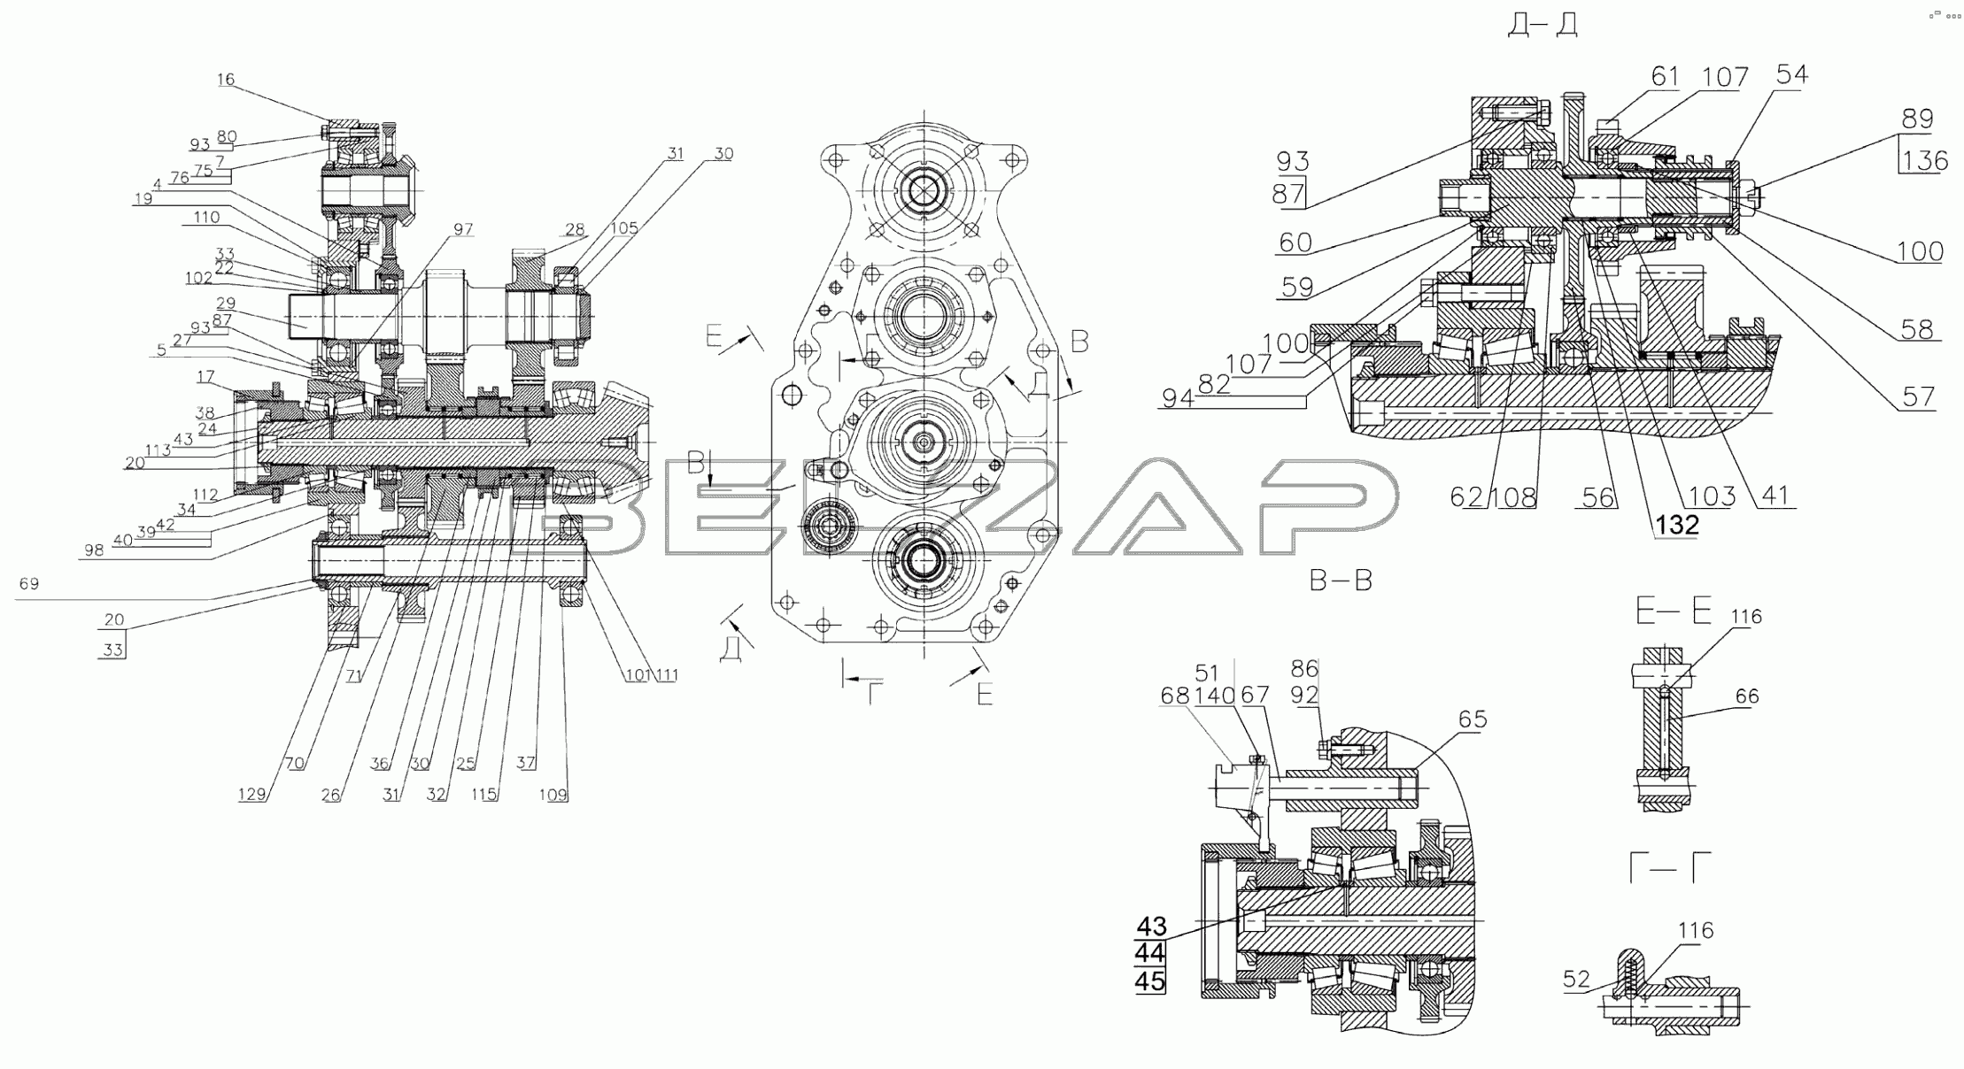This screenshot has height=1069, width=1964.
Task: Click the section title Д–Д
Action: coord(1543,25)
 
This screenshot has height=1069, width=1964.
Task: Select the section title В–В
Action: coord(1341,581)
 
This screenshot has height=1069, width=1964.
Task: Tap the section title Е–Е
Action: coord(1673,611)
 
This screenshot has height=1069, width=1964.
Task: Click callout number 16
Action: coord(226,80)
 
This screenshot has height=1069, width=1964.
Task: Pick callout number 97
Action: coord(463,230)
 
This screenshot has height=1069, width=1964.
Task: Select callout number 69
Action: coord(29,584)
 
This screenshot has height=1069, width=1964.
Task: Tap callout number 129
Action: coord(251,795)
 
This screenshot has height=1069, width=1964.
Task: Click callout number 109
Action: coord(553,795)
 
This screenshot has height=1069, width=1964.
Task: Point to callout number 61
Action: coord(1665,78)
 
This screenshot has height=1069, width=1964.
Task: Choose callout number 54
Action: coord(1791,75)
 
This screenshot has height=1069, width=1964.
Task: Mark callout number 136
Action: coord(1925,161)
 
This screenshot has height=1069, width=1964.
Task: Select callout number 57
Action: coord(1918,396)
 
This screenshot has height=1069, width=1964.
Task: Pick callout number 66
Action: coord(1747,697)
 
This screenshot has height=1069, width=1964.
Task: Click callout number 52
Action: coord(1576,980)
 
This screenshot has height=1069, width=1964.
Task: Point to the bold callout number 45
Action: coord(1151,982)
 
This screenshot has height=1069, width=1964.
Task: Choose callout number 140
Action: coord(1215,696)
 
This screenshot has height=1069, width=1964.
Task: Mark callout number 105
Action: coord(624,228)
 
